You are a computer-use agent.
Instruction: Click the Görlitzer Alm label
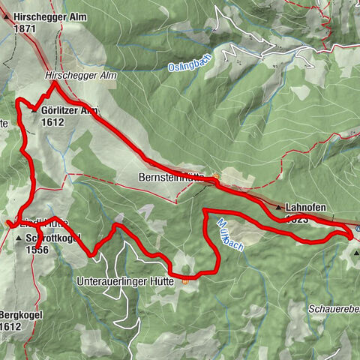coord(70,110)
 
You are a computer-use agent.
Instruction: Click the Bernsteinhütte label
coord(172,178)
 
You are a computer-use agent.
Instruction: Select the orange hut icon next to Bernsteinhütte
coord(215,178)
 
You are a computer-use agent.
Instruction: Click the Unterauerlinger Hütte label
coord(125,281)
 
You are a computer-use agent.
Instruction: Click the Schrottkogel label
coord(53,238)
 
